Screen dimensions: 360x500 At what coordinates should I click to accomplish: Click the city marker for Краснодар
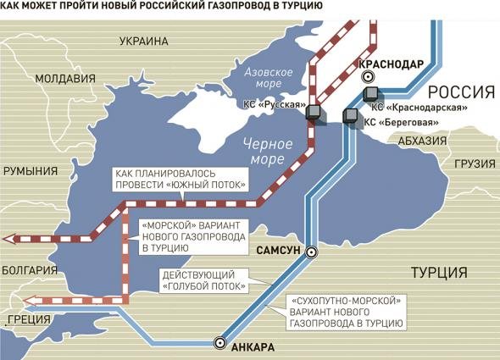pos(369,78)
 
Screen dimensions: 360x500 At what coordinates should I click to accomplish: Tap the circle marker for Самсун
pos(311,252)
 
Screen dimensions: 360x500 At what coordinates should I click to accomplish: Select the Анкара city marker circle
pos(220,343)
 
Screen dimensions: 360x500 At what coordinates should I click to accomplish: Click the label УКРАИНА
pos(143,40)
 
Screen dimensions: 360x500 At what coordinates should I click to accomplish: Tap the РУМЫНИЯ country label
pos(29,170)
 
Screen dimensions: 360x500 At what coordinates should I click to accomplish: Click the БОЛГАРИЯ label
pos(28,270)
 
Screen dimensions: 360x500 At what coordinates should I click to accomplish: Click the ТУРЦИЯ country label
pos(438,272)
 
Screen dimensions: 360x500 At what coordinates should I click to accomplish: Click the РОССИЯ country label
pos(460,92)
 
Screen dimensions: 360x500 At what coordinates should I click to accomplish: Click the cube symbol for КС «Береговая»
pos(349,116)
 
